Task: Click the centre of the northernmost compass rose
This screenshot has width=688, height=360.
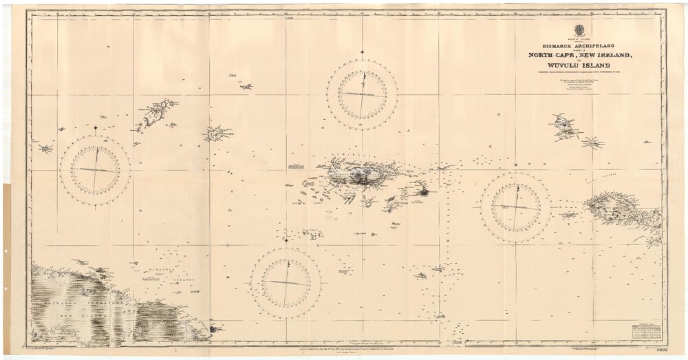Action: [x=362, y=94]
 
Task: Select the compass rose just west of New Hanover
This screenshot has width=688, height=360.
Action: [x=515, y=207]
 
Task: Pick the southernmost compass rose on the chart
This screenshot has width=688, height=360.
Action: [x=285, y=283]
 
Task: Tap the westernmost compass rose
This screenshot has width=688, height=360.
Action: [x=95, y=169]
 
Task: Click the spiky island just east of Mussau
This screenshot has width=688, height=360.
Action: [x=592, y=143]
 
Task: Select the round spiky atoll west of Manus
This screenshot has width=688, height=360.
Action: [x=217, y=133]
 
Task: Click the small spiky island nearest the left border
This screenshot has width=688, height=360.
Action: [x=45, y=148]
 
